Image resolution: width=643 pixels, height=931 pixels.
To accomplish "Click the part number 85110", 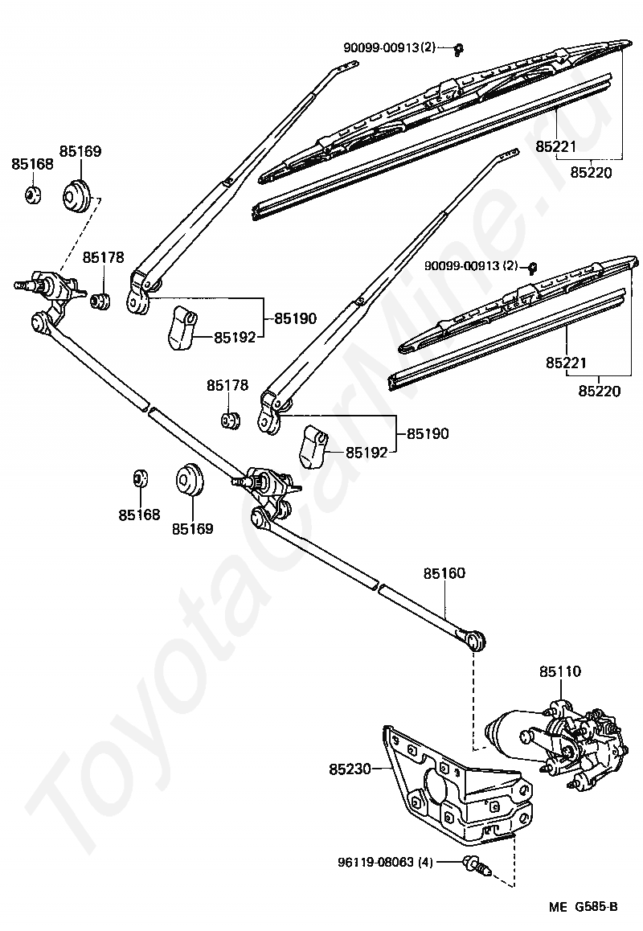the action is pos(560,671).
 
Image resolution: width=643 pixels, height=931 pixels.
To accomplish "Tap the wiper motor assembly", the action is pos(555,743).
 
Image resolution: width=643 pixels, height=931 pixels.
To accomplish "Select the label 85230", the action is pos(350,769).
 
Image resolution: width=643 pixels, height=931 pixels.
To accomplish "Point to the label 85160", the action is pos(444,573).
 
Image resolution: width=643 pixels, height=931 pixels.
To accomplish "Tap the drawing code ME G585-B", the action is pos(583,907).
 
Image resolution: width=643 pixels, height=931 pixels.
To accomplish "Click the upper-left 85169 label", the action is pos(80,151).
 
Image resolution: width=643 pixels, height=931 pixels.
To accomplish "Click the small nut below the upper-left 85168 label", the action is pos(33,193).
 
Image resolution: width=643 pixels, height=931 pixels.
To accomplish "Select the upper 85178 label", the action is pos(104,257).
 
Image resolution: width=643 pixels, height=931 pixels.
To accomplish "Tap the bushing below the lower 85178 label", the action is pos(230,420).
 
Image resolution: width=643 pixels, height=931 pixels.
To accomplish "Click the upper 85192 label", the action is pos(235,337).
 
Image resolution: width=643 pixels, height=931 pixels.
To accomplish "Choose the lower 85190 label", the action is pos(428,433).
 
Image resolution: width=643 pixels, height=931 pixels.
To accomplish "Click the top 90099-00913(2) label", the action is pos(390,47).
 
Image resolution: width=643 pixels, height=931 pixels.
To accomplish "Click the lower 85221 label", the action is pos(567,362).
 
